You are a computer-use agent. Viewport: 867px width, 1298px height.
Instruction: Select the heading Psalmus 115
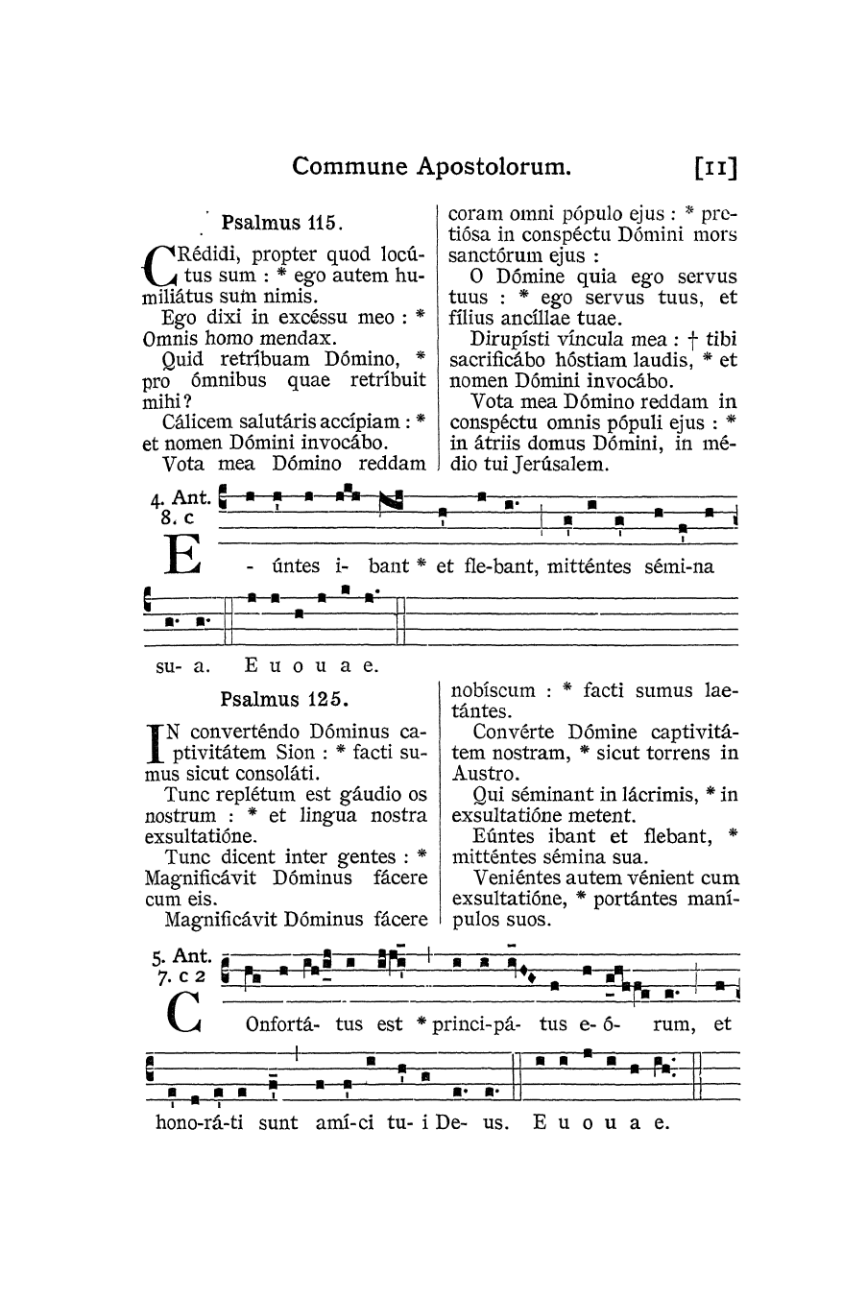point(281,224)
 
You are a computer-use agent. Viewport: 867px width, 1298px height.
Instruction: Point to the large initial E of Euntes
point(181,554)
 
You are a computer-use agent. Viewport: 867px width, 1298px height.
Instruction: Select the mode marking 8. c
point(179,517)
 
